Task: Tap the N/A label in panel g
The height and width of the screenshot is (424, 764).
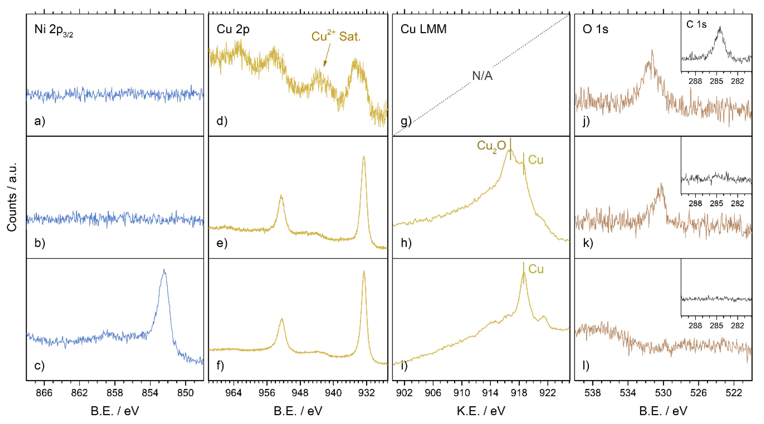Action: tap(482, 76)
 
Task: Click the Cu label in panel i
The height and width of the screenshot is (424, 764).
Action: tap(536, 269)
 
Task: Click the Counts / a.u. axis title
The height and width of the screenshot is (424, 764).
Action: tap(12, 197)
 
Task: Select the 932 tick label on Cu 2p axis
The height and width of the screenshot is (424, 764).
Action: tap(366, 393)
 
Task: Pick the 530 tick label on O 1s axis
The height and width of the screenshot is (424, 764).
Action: tap(663, 393)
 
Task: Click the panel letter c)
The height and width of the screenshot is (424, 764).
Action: tap(39, 365)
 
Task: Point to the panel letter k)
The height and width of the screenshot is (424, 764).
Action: tap(588, 243)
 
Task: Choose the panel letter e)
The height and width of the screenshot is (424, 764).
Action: tap(222, 243)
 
